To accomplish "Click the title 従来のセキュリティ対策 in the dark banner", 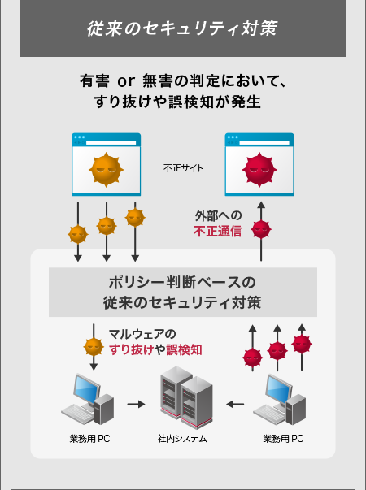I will [x=182, y=28].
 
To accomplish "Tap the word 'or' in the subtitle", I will [x=126, y=81].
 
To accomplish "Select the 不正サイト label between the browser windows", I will [x=183, y=168].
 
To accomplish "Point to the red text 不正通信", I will [x=217, y=232].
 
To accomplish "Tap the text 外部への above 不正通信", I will [x=217, y=216].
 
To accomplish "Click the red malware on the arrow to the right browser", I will [x=260, y=229].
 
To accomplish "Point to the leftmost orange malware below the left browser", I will [x=77, y=234].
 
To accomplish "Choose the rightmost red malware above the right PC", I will [x=302, y=343].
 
